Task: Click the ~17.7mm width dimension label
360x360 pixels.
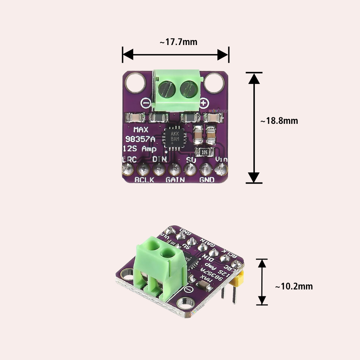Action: pos(179,42)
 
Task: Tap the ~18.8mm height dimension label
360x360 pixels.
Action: pos(279,121)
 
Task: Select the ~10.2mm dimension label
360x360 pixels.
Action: pos(294,287)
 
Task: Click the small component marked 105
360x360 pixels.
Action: pos(204,152)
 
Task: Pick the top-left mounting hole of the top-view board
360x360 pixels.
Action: pos(135,83)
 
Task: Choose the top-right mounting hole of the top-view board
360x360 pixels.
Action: pos(214,83)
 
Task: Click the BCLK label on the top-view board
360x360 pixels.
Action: pos(144,179)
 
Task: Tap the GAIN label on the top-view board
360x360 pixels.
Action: pos(175,179)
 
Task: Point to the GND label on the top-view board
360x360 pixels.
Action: pos(207,179)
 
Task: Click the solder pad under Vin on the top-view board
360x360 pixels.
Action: pos(221,168)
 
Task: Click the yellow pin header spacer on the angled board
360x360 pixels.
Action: pos(239,279)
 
